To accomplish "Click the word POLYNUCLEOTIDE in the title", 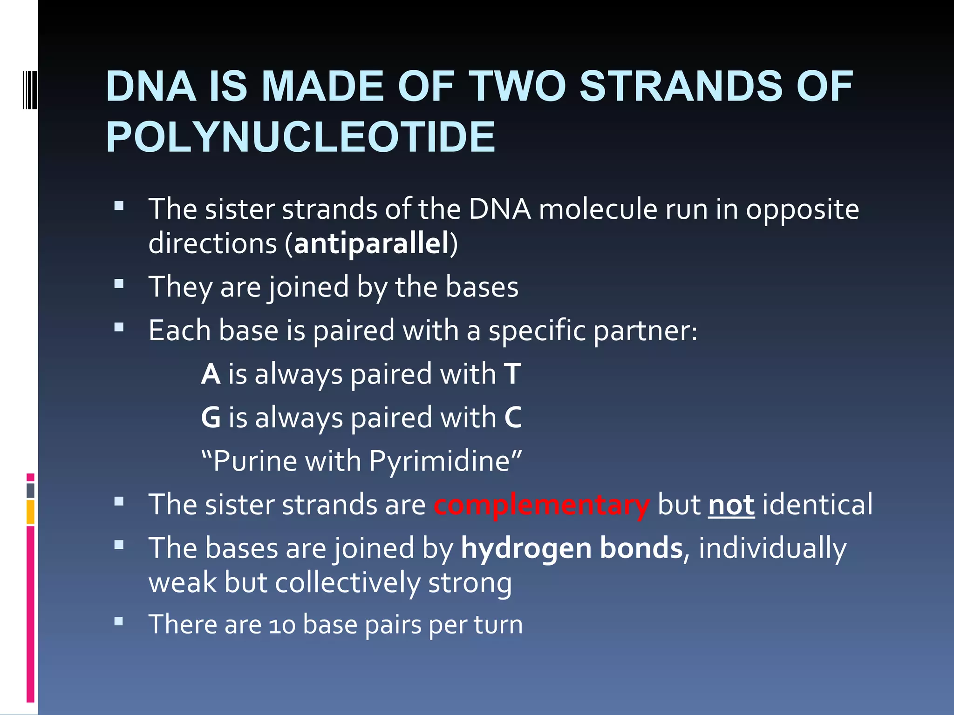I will (x=300, y=137).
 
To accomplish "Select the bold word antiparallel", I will (x=371, y=243).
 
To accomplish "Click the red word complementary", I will (x=541, y=505).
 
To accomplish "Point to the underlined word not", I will (x=731, y=505).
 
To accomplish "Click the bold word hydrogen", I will (x=526, y=548).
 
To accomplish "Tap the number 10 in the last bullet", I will (x=282, y=625).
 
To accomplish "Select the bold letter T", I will (x=512, y=374).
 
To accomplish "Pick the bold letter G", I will (x=211, y=418).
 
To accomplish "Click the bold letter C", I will (x=513, y=418).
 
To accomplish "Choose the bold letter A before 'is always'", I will (x=211, y=374).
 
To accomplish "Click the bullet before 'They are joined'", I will (x=119, y=283).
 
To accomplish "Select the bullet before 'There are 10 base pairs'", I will (x=119, y=621).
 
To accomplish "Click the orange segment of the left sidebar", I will (x=30, y=512).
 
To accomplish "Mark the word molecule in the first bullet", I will (x=598, y=209).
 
